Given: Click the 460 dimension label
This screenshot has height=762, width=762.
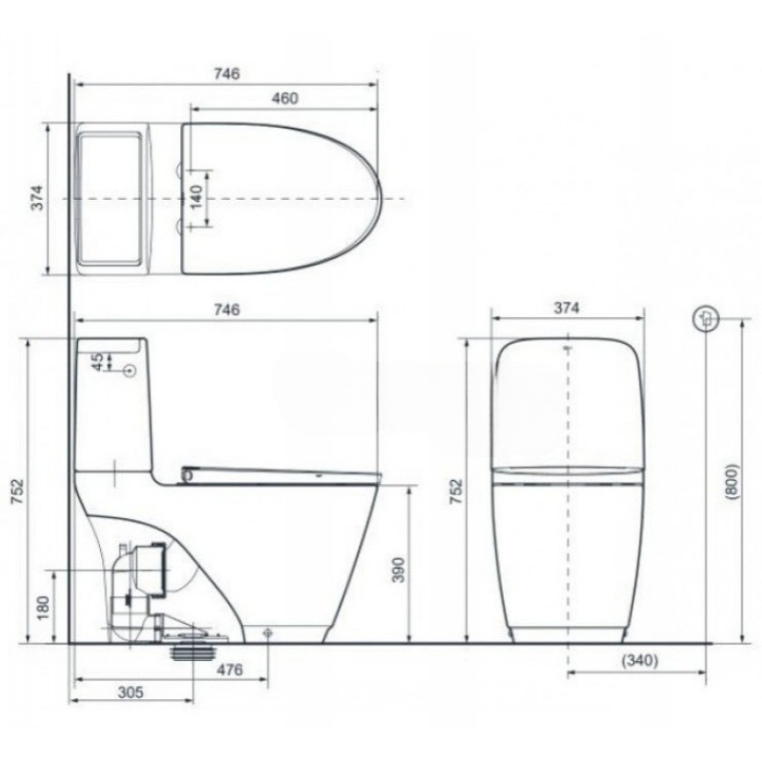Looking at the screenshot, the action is tap(285, 98).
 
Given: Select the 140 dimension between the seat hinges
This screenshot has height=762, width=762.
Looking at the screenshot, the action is tap(196, 197).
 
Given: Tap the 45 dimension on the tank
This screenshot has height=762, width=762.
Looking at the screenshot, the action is tap(98, 362).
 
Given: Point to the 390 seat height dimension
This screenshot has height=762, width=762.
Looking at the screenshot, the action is tap(398, 570).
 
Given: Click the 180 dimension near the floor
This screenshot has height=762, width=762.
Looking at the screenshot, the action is tap(43, 608).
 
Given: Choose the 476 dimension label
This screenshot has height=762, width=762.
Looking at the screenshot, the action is tap(230, 671).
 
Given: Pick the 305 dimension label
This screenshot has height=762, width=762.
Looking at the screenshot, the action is tap(130, 692).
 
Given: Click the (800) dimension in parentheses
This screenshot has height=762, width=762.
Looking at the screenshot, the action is tap(732, 482).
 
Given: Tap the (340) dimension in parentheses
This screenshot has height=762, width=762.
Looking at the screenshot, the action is tap(640, 660).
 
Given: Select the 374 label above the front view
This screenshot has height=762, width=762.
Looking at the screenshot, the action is tap(567, 308).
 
